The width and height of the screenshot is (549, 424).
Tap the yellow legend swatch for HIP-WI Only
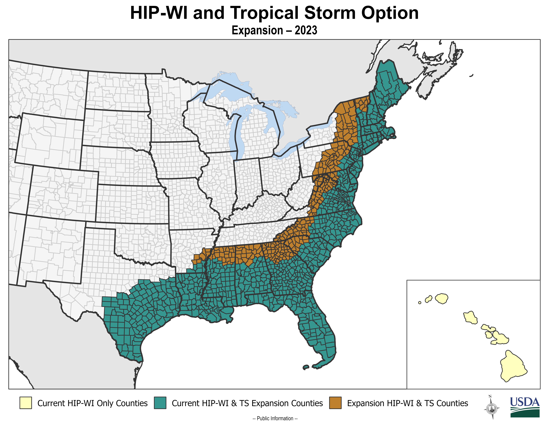(x=26, y=403)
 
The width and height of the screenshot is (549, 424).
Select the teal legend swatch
(x=160, y=403)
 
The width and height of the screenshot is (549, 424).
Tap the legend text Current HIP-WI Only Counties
(x=92, y=403)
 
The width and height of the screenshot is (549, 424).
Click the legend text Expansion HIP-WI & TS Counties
(x=408, y=403)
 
